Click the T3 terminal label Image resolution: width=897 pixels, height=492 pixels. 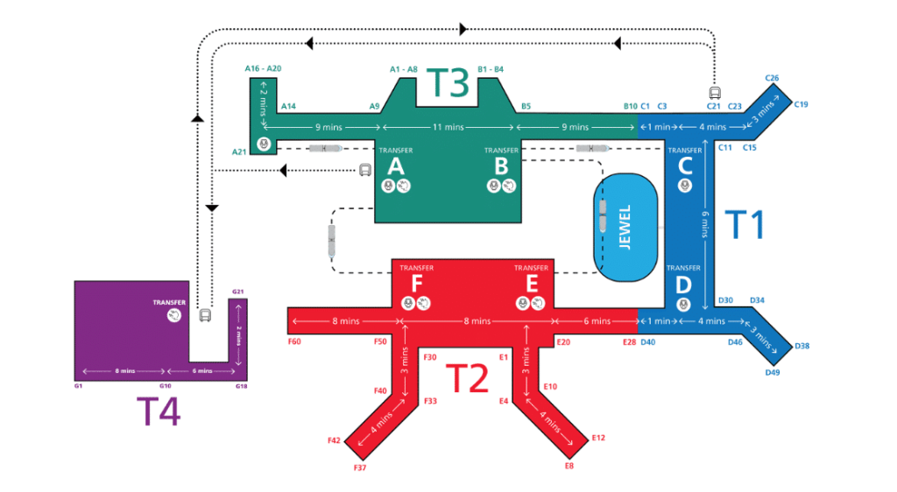tap(448, 84)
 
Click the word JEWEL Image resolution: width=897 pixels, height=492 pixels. tap(625, 229)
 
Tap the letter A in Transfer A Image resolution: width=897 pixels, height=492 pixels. tap(395, 165)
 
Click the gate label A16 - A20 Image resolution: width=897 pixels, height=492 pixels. tap(263, 67)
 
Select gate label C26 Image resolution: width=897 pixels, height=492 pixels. tap(772, 78)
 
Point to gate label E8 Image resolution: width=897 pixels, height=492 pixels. tap(569, 466)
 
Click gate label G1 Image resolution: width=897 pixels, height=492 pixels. tap(78, 385)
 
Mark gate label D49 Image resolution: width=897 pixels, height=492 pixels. tap(772, 373)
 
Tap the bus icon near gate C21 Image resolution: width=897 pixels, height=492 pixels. tap(715, 91)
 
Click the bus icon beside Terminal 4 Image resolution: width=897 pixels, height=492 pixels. tap(205, 314)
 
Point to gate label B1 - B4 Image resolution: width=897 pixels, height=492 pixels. tap(491, 67)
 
